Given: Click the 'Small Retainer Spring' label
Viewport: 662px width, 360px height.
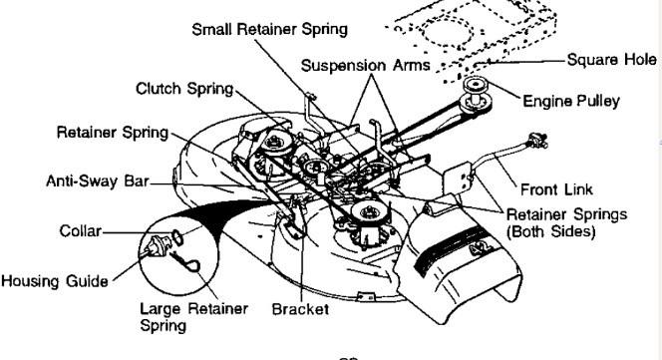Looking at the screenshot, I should click(269, 29).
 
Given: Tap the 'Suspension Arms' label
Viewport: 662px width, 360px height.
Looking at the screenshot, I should click(364, 66).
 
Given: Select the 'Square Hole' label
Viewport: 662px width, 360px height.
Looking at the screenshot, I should click(610, 60).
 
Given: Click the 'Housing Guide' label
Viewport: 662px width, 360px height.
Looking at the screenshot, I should click(54, 280).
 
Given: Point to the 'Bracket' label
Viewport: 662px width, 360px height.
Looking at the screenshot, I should click(300, 309).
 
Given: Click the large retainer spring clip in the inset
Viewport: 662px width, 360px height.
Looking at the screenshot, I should click(186, 263).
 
